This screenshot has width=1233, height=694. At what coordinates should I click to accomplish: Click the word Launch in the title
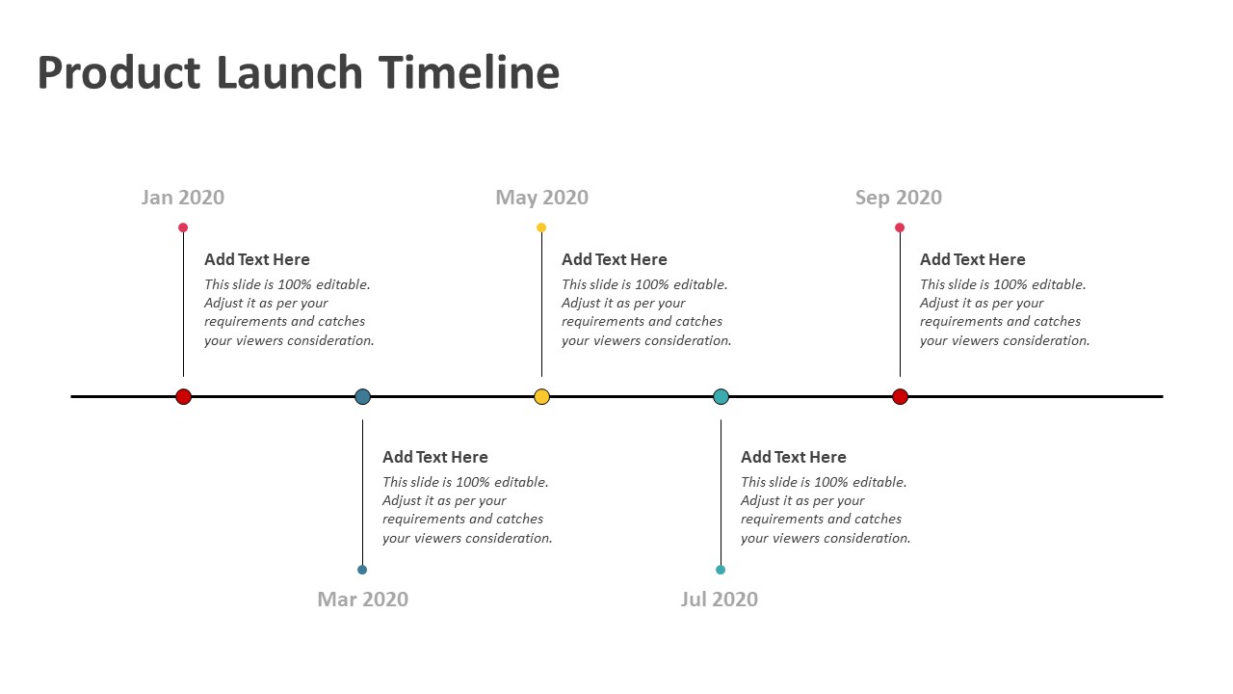(290, 72)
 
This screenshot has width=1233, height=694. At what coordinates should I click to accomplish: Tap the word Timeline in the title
(469, 72)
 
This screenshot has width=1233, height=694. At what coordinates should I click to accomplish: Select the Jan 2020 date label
(183, 198)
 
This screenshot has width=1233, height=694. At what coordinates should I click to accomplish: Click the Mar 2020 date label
(363, 600)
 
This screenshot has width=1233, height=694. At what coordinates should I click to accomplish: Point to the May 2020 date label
(541, 198)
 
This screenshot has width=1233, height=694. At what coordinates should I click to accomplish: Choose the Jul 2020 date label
(720, 600)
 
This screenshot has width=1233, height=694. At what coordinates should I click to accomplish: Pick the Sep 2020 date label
(899, 198)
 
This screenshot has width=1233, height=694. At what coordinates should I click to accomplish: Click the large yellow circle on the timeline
(541, 396)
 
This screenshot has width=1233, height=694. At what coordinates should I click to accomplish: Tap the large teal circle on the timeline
(721, 396)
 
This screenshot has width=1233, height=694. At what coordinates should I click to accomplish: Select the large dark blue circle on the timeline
(363, 396)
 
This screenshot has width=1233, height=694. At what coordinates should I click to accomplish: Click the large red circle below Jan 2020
(183, 396)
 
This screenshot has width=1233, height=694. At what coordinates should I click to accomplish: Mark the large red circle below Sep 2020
(900, 396)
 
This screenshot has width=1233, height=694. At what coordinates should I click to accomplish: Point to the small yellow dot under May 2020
(541, 227)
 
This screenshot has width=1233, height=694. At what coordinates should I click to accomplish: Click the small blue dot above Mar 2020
(362, 570)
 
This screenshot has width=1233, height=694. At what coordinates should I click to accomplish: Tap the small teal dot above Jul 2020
(721, 570)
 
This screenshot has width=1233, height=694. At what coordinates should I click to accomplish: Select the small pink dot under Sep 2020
(900, 227)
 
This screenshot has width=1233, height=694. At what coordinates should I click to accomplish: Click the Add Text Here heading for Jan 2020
(257, 259)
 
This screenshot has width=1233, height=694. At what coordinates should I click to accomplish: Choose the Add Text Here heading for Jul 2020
(793, 457)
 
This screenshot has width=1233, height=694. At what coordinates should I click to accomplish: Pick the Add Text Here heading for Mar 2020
(435, 457)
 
